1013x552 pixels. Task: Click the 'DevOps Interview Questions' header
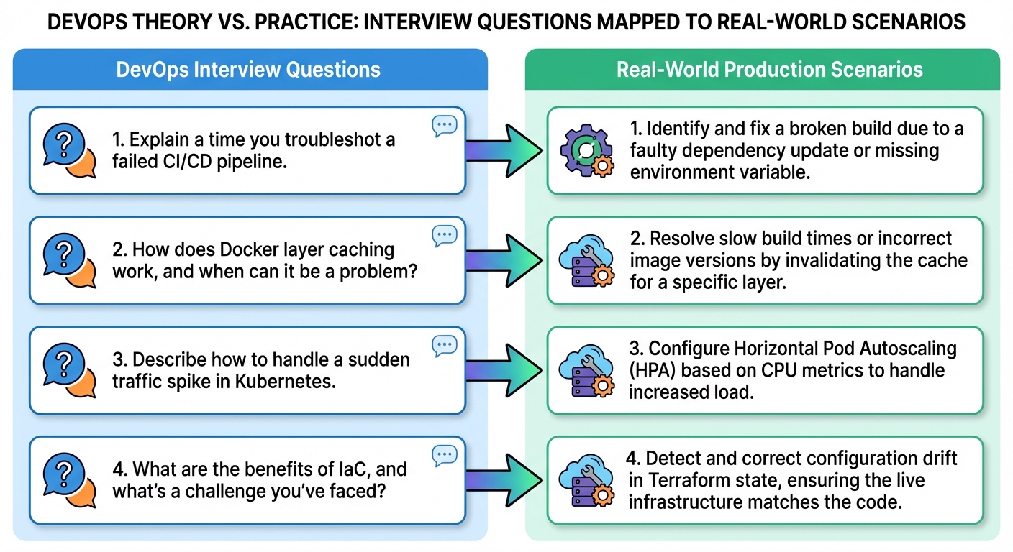pyautogui.click(x=248, y=70)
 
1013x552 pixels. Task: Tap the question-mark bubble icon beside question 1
pyautogui.click(x=68, y=150)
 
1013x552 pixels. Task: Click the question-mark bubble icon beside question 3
pyautogui.click(x=68, y=370)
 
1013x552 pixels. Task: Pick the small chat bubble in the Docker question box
pyautogui.click(x=445, y=236)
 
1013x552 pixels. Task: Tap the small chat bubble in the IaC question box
pyautogui.click(x=445, y=456)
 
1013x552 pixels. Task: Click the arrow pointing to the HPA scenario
pyautogui.click(x=504, y=369)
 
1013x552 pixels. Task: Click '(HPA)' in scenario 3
pyautogui.click(x=653, y=370)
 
